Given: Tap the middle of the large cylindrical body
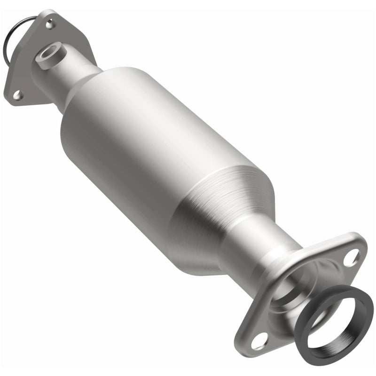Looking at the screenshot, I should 155,155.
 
